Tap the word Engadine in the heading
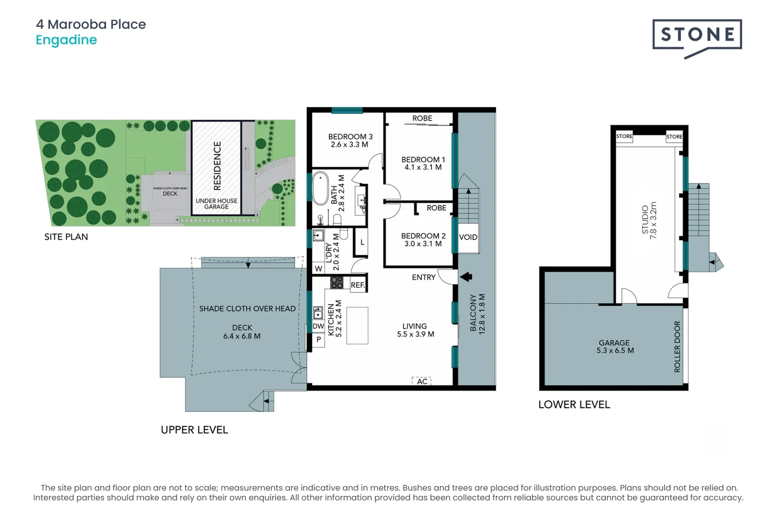click(x=66, y=40)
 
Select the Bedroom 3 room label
click(x=350, y=140)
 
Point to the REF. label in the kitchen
click(x=357, y=285)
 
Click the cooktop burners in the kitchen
click(x=337, y=283)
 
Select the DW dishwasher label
click(x=318, y=326)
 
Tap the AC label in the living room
click(x=422, y=381)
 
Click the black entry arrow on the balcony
click(x=466, y=277)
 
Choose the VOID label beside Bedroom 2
click(x=468, y=237)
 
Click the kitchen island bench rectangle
click(x=357, y=326)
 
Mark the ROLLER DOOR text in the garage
click(x=677, y=346)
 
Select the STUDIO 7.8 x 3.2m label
click(x=649, y=220)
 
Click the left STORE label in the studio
click(x=624, y=136)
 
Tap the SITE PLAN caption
click(x=66, y=236)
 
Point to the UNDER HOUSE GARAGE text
click(x=216, y=204)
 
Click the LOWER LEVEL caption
click(x=574, y=405)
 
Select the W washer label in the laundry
click(x=318, y=269)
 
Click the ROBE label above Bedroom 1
click(x=422, y=118)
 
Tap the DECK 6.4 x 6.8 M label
click(x=242, y=332)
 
